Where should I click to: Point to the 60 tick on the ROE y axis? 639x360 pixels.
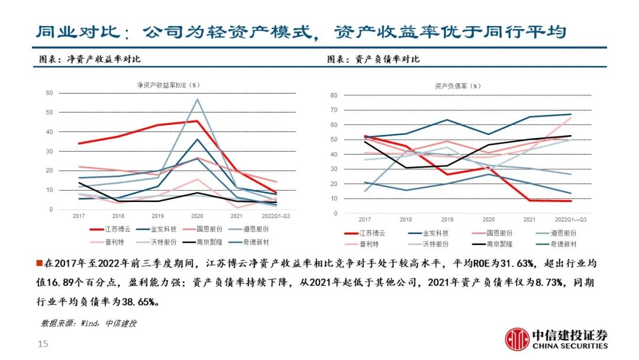(x=49, y=93)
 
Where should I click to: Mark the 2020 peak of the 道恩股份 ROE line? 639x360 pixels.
(x=198, y=99)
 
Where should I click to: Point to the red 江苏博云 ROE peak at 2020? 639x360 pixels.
(x=197, y=121)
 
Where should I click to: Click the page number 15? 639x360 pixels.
(x=43, y=344)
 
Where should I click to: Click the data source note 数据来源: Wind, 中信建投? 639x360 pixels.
(x=89, y=323)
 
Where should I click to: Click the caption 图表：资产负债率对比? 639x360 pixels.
(x=373, y=59)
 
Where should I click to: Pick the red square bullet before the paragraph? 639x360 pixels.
(x=39, y=263)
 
